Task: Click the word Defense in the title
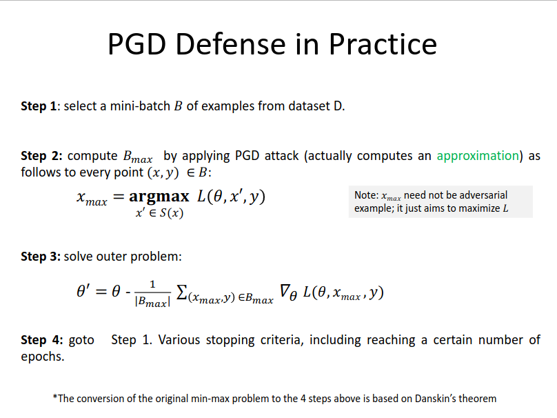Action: pos(230,44)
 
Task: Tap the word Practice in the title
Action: pos(383,44)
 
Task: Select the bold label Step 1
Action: pos(39,107)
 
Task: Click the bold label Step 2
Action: pos(41,157)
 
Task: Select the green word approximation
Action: pos(478,157)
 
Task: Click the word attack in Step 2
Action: pos(282,156)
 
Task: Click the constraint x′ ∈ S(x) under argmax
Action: pos(159,213)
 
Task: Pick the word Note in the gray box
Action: pos(366,195)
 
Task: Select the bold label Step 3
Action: pos(41,257)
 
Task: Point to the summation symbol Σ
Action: pos(181,292)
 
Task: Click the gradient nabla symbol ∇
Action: pos(285,291)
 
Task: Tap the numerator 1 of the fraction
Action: pos(153,284)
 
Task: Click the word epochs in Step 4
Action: pos(43,357)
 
